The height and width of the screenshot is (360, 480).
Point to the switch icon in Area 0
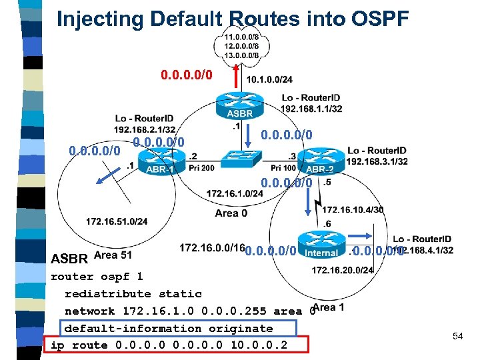pos(239,159)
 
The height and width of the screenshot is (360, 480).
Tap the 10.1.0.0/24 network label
pos(269,80)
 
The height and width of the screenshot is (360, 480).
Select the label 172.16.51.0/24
pos(117,221)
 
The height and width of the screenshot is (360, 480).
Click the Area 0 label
pos(231,213)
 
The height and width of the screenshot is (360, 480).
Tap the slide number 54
pos(457,337)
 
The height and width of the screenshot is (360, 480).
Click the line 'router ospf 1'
pos(97,276)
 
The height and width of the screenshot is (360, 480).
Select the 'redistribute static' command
pos(133,293)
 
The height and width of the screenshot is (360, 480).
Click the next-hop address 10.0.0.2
pos(259,345)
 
